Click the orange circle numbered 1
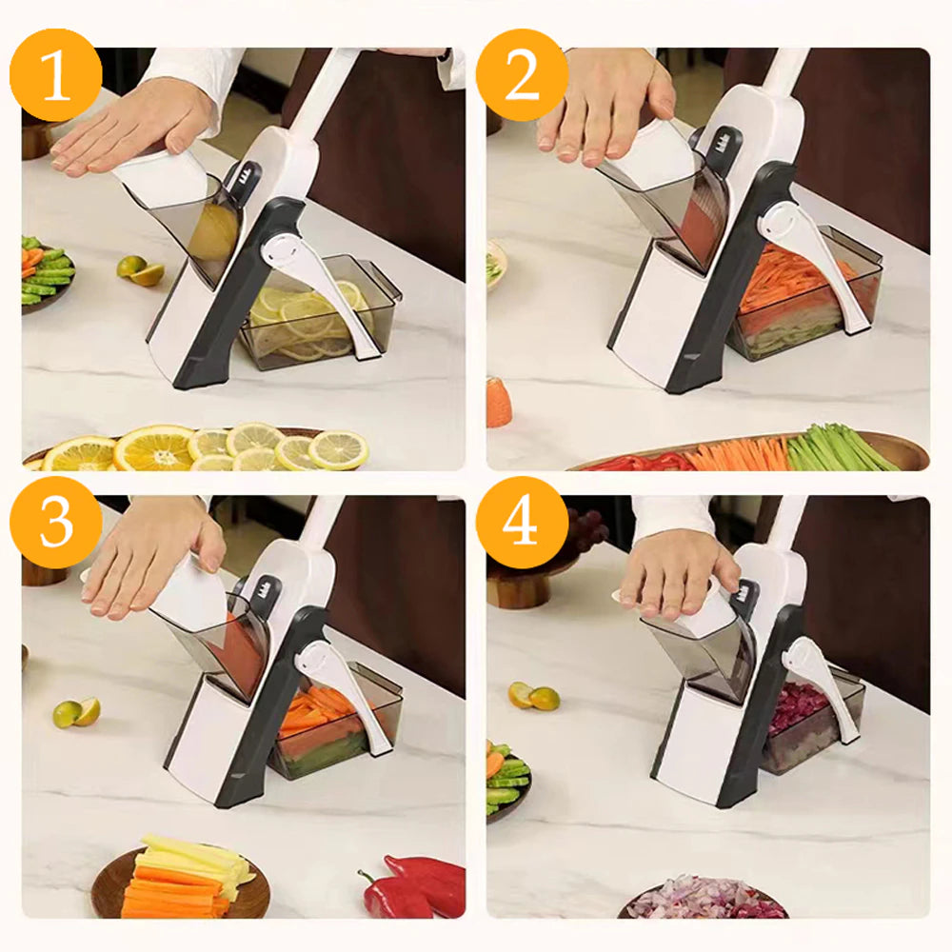56,75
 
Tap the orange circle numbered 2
523,75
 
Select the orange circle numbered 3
56,523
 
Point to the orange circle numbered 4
523,523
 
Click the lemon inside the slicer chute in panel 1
212,231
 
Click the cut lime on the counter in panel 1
140,269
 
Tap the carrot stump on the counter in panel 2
499,402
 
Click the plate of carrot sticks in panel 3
181,881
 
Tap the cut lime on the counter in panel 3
76,712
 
